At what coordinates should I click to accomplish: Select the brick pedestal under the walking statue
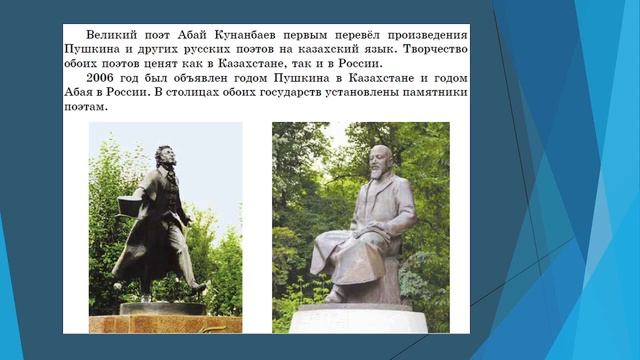(165, 323)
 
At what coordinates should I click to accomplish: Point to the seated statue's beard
(379, 179)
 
